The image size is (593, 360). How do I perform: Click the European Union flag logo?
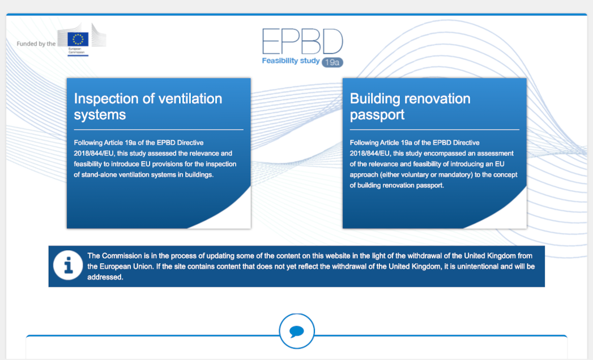[78, 39]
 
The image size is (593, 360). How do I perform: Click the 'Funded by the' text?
[36, 44]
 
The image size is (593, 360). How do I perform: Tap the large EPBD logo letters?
[302, 41]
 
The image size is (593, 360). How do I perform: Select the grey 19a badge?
[332, 62]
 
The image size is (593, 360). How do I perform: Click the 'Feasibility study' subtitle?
[291, 61]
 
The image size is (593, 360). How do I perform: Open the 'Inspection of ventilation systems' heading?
[148, 106]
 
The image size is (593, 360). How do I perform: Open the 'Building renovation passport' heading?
[410, 106]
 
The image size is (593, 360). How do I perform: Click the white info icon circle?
[68, 265]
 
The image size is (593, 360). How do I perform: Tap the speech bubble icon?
[297, 331]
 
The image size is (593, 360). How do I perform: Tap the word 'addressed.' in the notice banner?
[105, 277]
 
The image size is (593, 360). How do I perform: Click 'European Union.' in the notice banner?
[127, 267]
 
